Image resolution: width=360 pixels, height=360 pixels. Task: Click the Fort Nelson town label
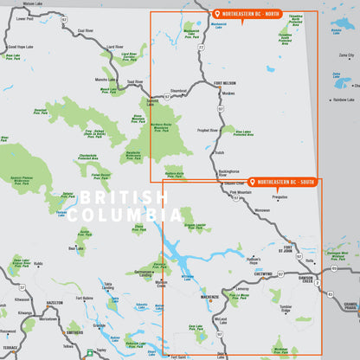click(x=224, y=83)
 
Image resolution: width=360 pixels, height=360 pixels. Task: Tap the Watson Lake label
click(x=33, y=3)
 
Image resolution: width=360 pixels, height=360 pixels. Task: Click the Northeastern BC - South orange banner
click(x=283, y=182)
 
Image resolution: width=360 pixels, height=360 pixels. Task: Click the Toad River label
click(x=134, y=82)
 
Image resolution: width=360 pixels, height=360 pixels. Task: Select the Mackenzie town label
click(x=209, y=296)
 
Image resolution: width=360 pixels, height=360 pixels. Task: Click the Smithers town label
click(x=74, y=331)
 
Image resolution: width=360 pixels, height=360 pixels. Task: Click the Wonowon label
click(x=262, y=209)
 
